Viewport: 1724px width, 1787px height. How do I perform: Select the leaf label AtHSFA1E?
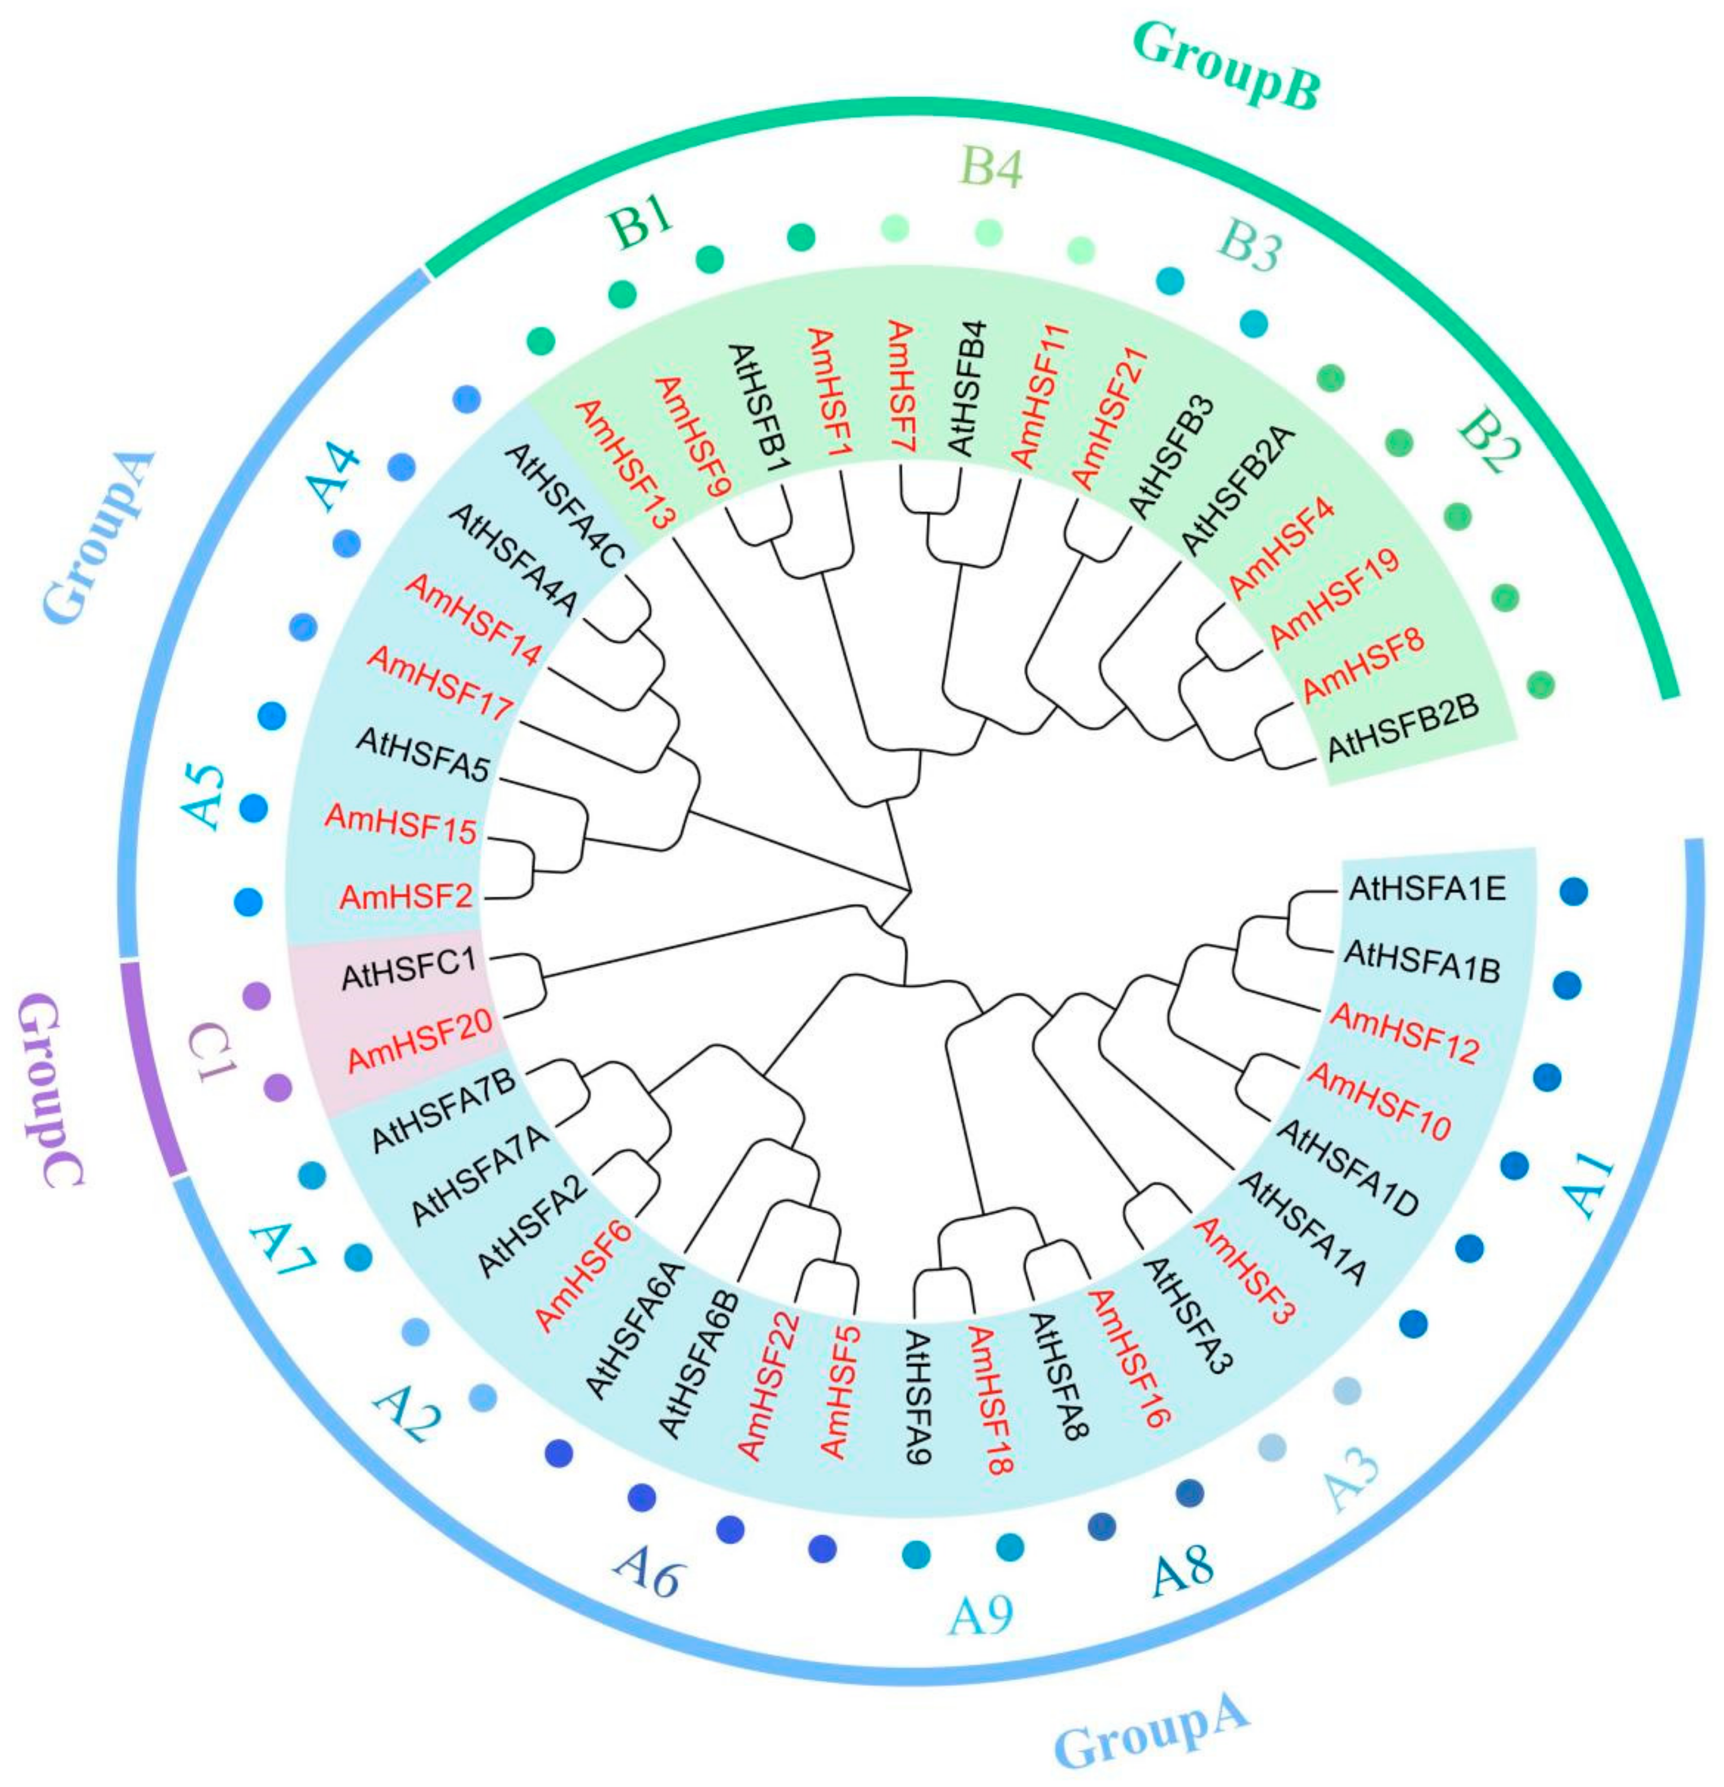pyautogui.click(x=1426, y=887)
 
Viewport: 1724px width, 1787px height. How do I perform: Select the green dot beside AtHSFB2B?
pyautogui.click(x=1539, y=682)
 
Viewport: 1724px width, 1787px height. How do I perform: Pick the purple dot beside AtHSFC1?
pyautogui.click(x=256, y=996)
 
